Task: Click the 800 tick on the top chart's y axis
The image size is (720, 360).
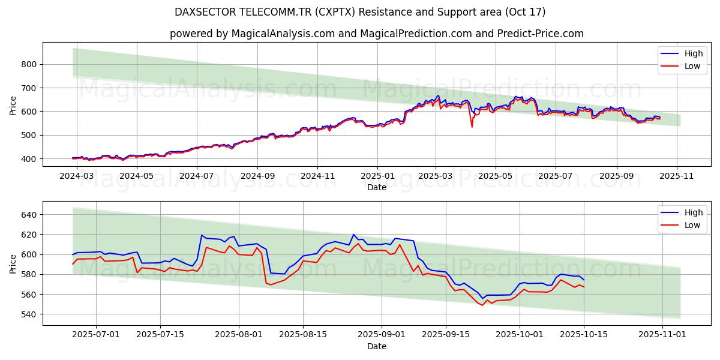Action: point(29,64)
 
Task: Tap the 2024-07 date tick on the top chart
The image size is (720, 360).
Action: point(196,176)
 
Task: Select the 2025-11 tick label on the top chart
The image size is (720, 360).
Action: point(677,176)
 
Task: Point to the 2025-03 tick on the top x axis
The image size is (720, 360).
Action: point(436,176)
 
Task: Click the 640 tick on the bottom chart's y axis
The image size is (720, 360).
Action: point(29,215)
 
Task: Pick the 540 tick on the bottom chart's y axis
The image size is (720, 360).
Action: point(29,314)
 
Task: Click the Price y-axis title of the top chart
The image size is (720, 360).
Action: point(13,104)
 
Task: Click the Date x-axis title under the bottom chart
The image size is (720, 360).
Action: point(376,346)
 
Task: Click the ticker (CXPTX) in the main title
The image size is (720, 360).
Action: point(340,12)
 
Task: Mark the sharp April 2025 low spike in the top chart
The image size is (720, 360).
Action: point(472,127)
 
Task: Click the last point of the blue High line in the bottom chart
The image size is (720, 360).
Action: point(584,280)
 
